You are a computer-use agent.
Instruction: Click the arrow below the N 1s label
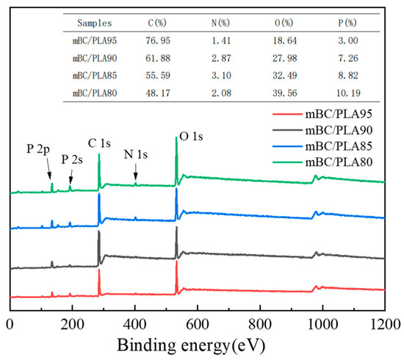[136, 170]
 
